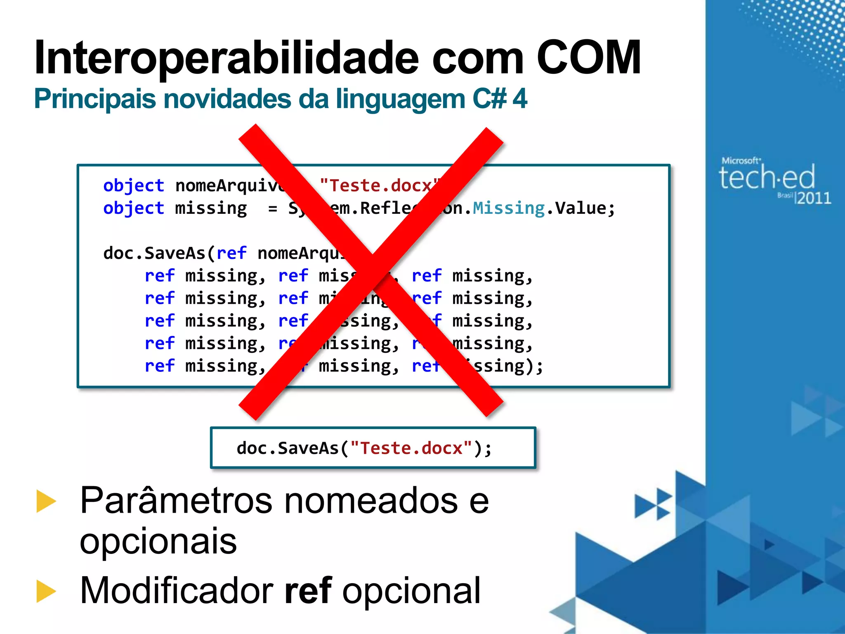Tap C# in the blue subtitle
tap(489, 99)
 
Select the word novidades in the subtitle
tap(228, 99)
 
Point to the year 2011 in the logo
tap(814, 198)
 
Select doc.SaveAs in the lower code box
tap(288, 448)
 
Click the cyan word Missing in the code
tap(509, 208)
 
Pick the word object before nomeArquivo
tap(134, 186)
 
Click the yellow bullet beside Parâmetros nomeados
tap(46, 501)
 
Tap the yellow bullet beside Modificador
tap(46, 591)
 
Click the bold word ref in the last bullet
tap(308, 590)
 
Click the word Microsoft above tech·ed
tap(740, 161)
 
